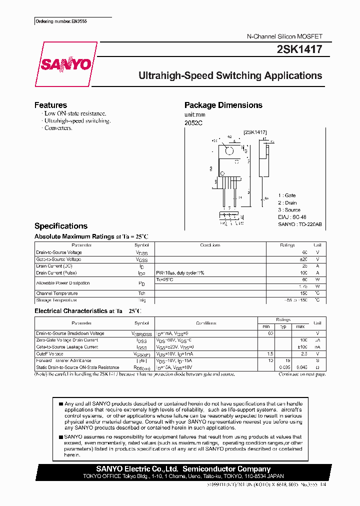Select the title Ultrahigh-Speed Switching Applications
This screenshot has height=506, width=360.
tap(230, 76)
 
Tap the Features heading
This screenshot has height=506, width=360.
tap(50, 105)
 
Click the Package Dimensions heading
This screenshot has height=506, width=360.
tap(223, 105)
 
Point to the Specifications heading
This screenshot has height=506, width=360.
tap(60, 226)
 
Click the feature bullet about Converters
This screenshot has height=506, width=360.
tap(58, 128)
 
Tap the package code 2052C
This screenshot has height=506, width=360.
tap(193, 123)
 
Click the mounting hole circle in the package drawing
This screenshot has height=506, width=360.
tap(229, 151)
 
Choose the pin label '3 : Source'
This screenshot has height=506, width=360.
tap(289, 210)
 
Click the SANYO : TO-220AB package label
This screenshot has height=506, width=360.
tap(300, 224)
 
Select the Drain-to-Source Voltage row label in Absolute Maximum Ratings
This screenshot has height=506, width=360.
tap(59, 252)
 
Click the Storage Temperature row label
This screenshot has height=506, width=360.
tap(56, 300)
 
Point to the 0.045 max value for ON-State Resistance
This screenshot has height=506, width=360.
tap(300, 367)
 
